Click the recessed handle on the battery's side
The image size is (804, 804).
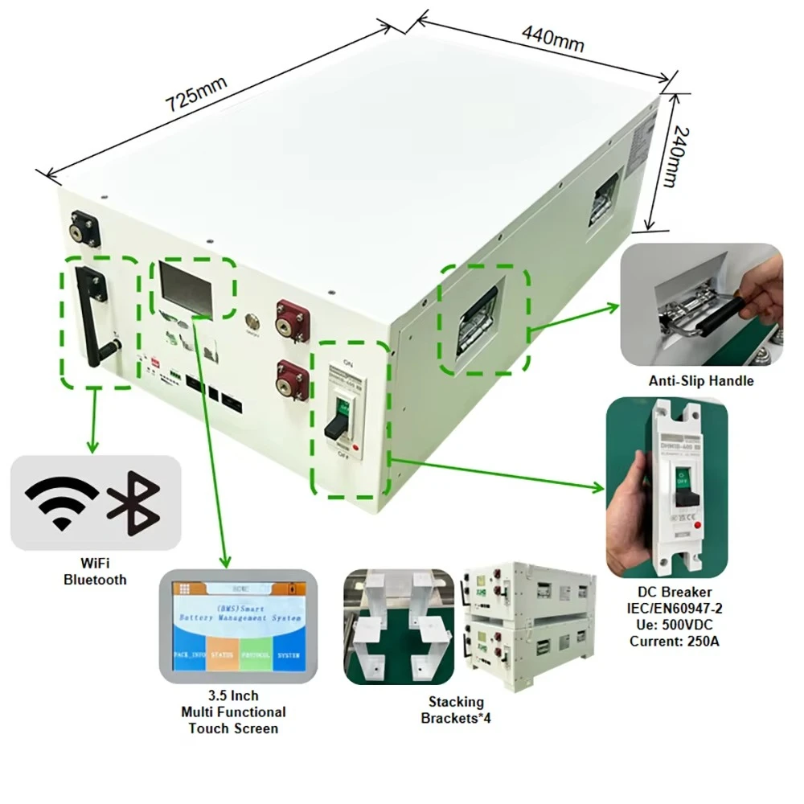point(480,322)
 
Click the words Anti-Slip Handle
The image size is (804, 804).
point(701,380)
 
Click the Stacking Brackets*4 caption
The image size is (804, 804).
point(455,710)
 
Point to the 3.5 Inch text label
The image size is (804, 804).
point(233,695)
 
